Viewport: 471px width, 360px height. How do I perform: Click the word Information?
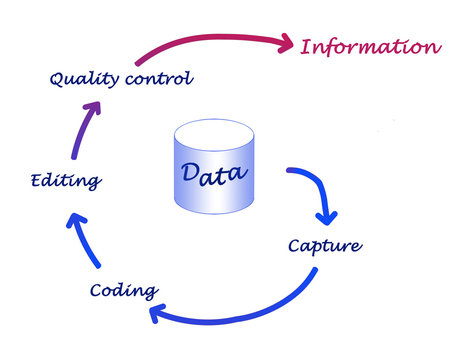pos(370,46)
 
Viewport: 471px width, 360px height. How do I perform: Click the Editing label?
pos(64,181)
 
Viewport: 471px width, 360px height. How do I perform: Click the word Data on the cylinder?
pos(214,172)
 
